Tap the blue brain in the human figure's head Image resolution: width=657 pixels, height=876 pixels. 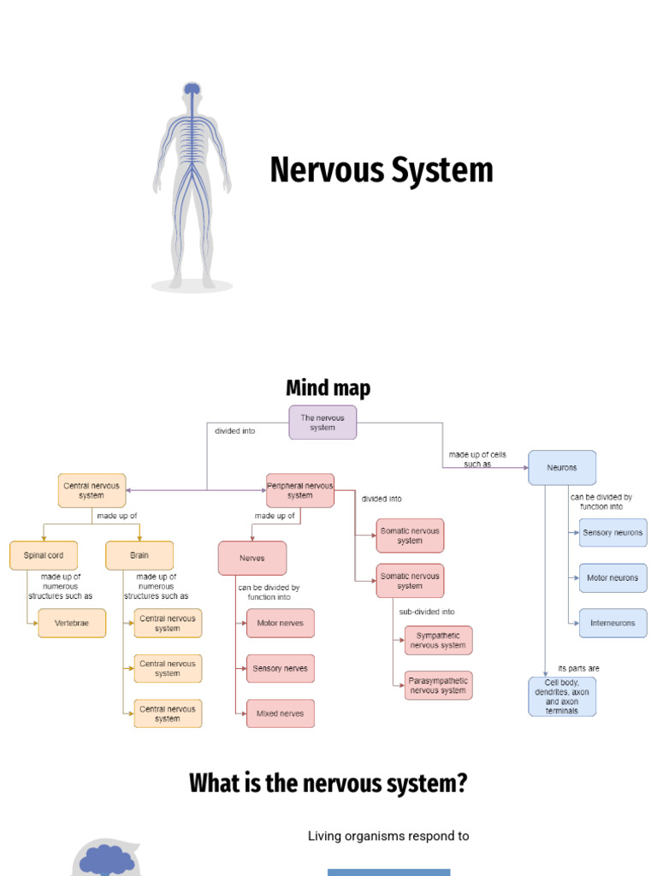coord(192,88)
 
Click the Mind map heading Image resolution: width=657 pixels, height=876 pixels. coord(328,388)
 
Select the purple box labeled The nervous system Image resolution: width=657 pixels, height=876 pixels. coord(323,423)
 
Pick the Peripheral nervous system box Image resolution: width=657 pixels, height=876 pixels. coord(300,490)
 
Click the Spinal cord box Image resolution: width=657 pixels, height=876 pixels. coord(44,555)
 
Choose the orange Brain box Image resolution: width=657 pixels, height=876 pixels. coord(139,555)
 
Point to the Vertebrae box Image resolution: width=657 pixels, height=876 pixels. coord(72,624)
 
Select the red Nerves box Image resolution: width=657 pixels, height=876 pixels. coord(252,559)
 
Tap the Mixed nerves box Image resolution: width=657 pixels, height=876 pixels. coord(280,713)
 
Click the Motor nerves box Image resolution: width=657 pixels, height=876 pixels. coord(280,623)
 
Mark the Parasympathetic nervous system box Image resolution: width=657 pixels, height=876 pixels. coord(438,685)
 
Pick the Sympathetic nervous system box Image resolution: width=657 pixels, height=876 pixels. coord(438,640)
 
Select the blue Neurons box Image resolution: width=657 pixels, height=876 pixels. coord(562,468)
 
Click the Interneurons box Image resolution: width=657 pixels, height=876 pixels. coord(613,623)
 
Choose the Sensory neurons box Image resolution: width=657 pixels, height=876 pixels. coord(613,532)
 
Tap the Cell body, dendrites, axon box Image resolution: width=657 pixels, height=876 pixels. coord(562,696)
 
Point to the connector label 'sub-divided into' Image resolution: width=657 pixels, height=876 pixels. coord(427,612)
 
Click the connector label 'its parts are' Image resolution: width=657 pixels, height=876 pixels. coord(579,668)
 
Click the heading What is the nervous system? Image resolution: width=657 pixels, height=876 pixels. coord(328,783)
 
